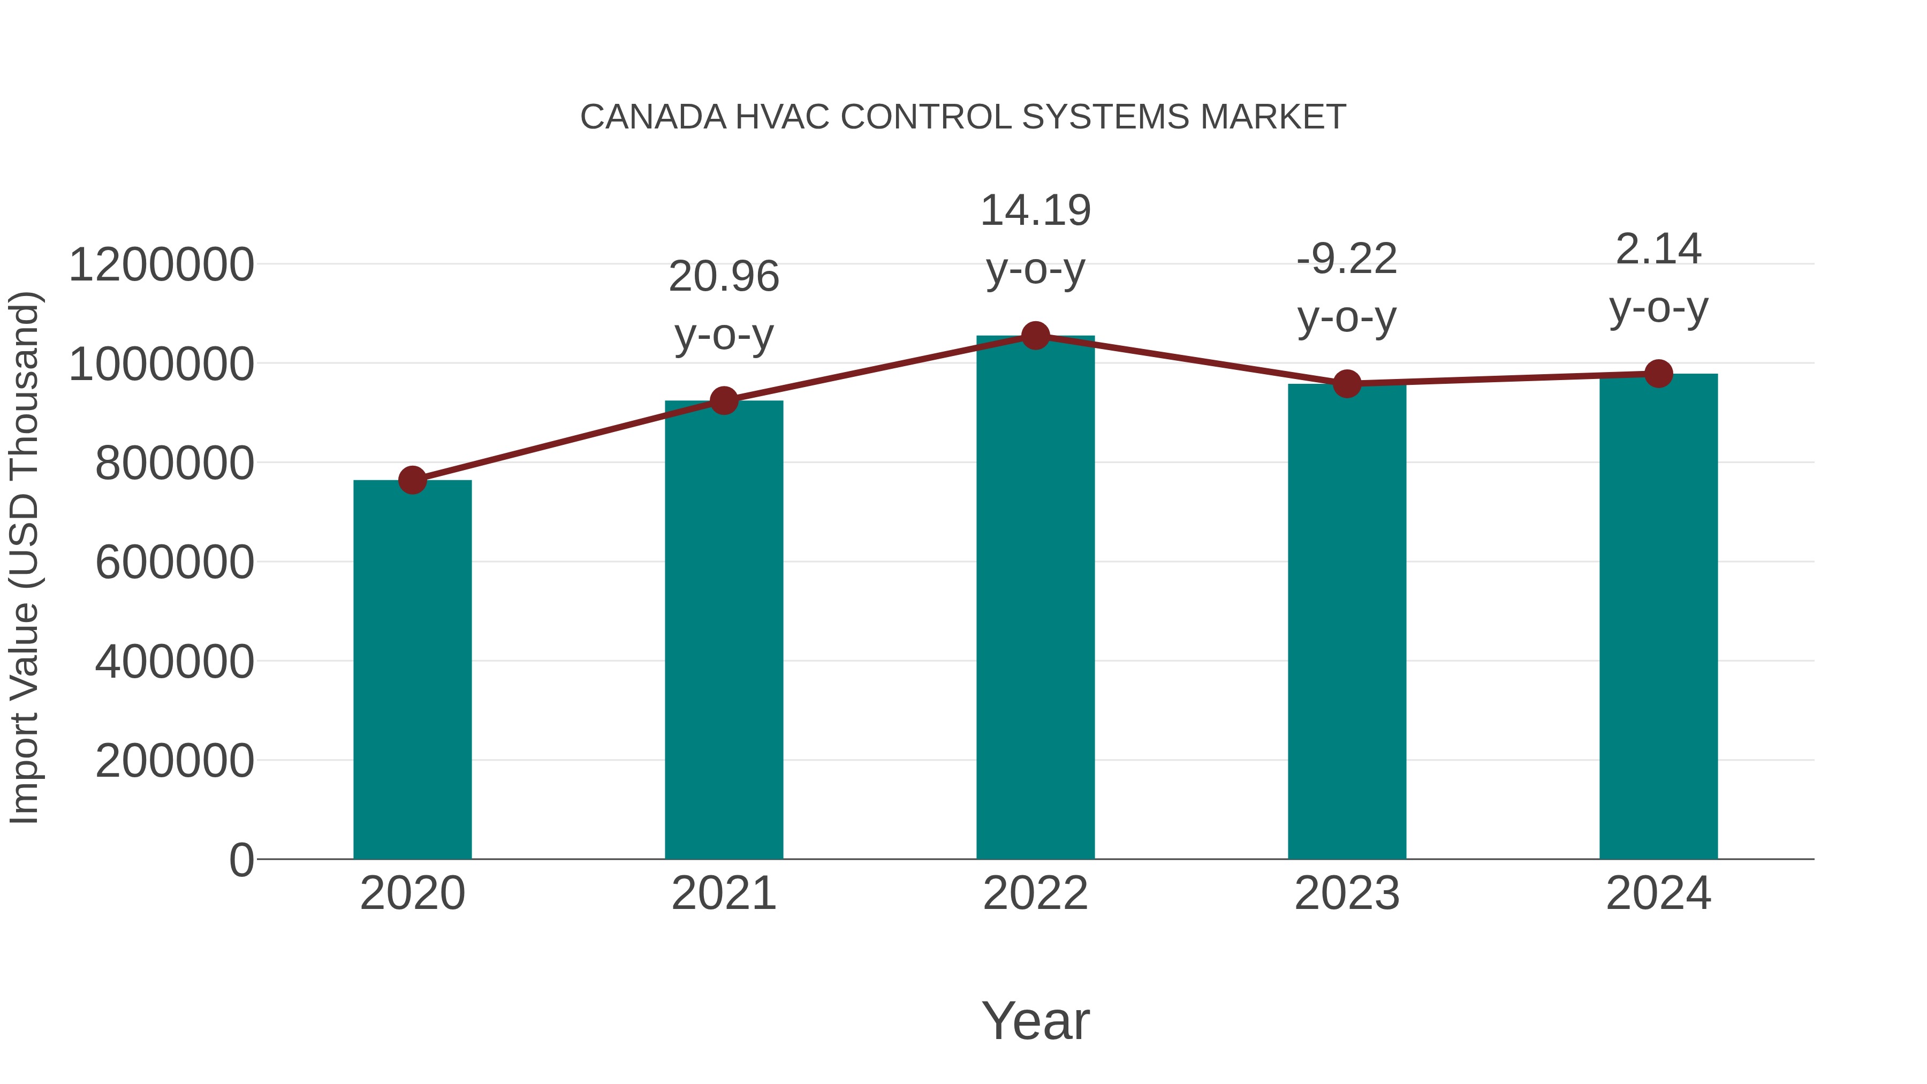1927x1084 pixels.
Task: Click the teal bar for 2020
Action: click(x=412, y=670)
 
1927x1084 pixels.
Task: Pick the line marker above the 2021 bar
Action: click(x=723, y=401)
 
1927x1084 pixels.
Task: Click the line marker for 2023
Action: click(x=1347, y=384)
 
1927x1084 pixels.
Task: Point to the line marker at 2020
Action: click(x=412, y=480)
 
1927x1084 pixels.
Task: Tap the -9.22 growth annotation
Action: click(x=1347, y=288)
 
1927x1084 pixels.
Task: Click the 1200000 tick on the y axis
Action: click(x=161, y=265)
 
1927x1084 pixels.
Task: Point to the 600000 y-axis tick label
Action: click(x=175, y=562)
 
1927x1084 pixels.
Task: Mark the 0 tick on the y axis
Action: click(x=241, y=860)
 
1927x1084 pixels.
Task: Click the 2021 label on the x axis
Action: click(x=723, y=893)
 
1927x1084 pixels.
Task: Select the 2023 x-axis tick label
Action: click(x=1347, y=893)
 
